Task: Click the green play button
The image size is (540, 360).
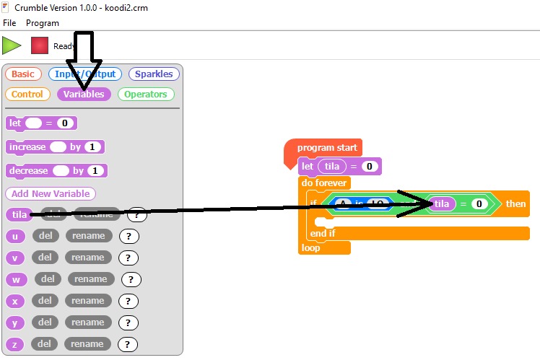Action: (x=11, y=45)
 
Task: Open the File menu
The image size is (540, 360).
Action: (x=9, y=23)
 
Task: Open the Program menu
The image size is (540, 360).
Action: (x=43, y=23)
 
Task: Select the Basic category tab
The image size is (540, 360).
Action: (x=22, y=74)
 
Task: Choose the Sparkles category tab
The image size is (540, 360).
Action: (x=154, y=74)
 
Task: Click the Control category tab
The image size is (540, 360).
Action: (x=27, y=94)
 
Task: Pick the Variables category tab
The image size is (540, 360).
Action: (x=84, y=94)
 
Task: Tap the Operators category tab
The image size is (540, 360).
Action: (x=145, y=94)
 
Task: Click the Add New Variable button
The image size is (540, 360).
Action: (x=51, y=193)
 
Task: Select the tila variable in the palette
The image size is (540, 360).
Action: (x=19, y=214)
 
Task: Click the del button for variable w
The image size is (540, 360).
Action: (x=48, y=279)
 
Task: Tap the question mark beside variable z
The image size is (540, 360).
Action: (x=128, y=344)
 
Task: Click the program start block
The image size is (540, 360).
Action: (x=326, y=148)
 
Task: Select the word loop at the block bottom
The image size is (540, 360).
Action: (x=310, y=247)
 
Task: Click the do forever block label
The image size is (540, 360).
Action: (x=324, y=183)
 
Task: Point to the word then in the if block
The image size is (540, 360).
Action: (x=515, y=203)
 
